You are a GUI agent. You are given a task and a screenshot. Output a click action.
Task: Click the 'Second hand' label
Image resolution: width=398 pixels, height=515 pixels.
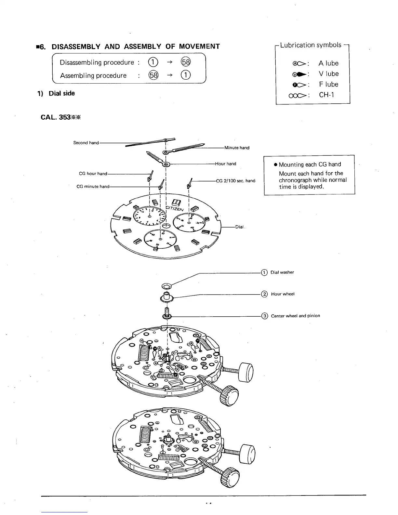[86, 143]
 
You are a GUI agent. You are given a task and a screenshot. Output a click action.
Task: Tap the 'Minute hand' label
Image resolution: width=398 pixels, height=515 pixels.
[237, 148]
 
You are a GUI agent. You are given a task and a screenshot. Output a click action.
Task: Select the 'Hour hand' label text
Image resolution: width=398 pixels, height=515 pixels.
[225, 164]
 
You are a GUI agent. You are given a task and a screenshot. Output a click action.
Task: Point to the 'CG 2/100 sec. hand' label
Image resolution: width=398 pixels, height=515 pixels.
[235, 181]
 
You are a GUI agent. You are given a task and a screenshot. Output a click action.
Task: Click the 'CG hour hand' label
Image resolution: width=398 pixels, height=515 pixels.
[93, 174]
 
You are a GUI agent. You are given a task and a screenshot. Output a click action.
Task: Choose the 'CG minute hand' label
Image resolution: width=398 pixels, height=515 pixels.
[93, 187]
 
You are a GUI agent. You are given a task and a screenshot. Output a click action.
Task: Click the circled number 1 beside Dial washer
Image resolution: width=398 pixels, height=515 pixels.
[264, 272]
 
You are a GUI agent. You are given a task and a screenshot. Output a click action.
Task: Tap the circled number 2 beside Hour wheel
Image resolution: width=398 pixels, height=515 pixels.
[265, 294]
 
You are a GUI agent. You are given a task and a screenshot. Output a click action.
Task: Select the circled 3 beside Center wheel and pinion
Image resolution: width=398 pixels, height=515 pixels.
[265, 316]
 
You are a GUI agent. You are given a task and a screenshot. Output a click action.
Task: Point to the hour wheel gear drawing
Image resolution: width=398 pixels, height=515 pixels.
[167, 297]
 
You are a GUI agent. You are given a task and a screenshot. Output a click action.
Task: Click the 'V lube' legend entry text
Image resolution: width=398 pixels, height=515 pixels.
[328, 74]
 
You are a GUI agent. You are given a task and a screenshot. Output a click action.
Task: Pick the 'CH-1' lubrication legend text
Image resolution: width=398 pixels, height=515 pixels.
[326, 95]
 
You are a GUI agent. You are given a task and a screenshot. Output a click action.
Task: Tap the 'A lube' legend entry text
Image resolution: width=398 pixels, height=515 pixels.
[328, 63]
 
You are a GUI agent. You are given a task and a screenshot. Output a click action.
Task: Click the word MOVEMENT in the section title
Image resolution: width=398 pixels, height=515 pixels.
[199, 46]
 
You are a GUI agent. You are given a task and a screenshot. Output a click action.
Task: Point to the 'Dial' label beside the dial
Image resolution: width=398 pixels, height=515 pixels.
[239, 227]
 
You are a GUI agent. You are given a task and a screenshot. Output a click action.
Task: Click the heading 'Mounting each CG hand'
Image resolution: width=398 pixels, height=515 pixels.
[310, 165]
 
